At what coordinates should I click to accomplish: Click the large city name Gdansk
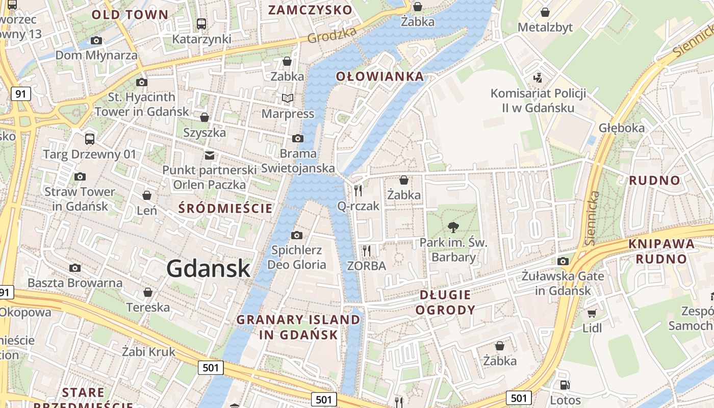tap(208, 269)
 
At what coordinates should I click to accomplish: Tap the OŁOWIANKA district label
tap(379, 76)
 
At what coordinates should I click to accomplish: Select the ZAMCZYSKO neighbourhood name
tap(310, 10)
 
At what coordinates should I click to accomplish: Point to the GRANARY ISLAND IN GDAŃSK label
tap(298, 327)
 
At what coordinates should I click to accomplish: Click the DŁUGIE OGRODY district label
tap(445, 302)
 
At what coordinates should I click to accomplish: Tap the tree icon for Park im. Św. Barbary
tap(453, 227)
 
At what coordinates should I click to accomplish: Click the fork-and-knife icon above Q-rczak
tap(358, 191)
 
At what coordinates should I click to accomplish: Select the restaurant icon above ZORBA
tap(366, 250)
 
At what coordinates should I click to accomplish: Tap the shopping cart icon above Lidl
tap(592, 313)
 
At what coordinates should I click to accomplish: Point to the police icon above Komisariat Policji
tap(538, 78)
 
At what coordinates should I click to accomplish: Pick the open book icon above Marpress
tap(288, 98)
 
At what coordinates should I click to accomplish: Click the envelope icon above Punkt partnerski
tap(209, 155)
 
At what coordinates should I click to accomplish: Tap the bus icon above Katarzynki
tap(201, 23)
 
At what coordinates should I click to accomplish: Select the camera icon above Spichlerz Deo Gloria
tap(296, 235)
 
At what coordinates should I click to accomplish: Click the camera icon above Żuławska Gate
tap(563, 262)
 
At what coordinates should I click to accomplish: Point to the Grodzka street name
tap(331, 35)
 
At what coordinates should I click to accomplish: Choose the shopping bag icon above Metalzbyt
tap(545, 12)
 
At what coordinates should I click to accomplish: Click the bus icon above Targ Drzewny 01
tap(90, 139)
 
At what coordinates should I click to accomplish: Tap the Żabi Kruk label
tap(148, 351)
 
